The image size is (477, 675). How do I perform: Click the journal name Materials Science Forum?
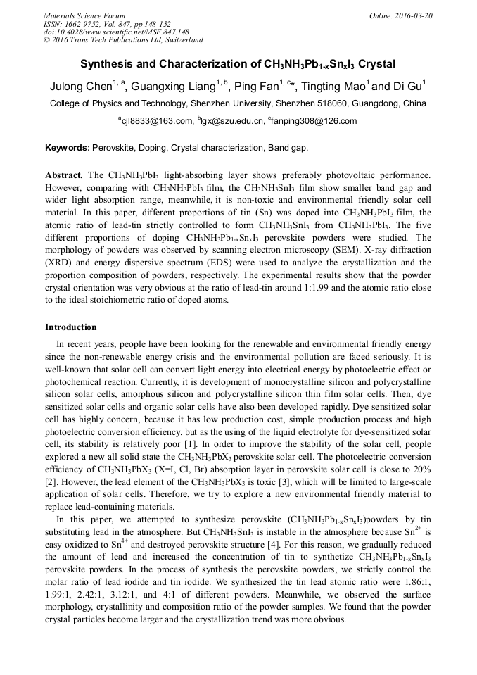84,15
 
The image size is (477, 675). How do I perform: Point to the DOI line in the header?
116,32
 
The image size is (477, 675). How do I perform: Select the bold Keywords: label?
68,149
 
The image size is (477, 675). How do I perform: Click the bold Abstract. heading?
64,174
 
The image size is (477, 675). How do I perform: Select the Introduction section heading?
71,327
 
